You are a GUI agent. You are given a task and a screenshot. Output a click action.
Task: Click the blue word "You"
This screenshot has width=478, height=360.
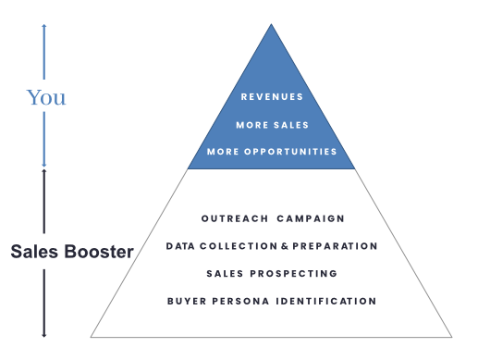(x=46, y=98)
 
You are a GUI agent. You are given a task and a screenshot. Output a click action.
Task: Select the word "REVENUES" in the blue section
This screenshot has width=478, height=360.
(x=272, y=96)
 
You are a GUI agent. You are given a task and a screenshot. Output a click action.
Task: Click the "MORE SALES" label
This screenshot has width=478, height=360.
(x=272, y=124)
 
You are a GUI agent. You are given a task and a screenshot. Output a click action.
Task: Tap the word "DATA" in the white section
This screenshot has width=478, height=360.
(x=180, y=246)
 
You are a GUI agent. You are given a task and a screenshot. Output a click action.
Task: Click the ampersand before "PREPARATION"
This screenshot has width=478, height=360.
(x=284, y=246)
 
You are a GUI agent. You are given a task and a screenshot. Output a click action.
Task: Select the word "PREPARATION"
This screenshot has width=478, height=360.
(x=335, y=246)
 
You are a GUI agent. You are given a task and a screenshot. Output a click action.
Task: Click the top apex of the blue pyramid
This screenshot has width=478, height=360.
(x=271, y=25)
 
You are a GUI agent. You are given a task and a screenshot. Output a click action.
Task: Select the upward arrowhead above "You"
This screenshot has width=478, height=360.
(x=43, y=26)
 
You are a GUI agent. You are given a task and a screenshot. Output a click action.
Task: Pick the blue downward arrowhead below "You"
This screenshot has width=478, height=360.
(x=43, y=164)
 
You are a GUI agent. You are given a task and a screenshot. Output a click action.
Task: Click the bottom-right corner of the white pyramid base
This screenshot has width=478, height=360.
(x=450, y=336)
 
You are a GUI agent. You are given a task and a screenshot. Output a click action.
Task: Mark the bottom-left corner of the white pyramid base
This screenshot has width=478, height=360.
(x=92, y=336)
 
